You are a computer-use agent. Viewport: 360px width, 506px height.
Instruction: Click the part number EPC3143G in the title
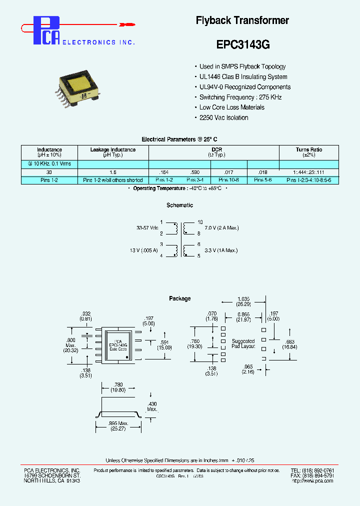point(242,44)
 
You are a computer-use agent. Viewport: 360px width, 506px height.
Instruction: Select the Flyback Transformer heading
point(242,20)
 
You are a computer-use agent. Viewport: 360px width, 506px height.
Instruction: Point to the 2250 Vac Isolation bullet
point(223,117)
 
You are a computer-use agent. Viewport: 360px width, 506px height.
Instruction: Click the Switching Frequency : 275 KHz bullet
point(240,97)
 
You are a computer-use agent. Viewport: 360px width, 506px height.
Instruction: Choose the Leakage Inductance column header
point(113,152)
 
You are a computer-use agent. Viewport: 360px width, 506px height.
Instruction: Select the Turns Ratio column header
point(308,152)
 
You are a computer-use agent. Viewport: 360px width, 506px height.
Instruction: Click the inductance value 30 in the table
point(49,171)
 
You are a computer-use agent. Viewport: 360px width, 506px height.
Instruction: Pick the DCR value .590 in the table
point(195,171)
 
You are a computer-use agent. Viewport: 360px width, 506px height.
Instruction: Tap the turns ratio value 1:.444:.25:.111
point(308,171)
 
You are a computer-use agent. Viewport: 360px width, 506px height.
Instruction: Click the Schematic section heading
point(179,205)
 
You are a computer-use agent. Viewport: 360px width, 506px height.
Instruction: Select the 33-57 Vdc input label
point(147,228)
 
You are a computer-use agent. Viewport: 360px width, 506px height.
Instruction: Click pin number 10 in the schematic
point(200,222)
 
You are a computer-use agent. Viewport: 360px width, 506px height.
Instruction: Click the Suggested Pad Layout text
point(243,343)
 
